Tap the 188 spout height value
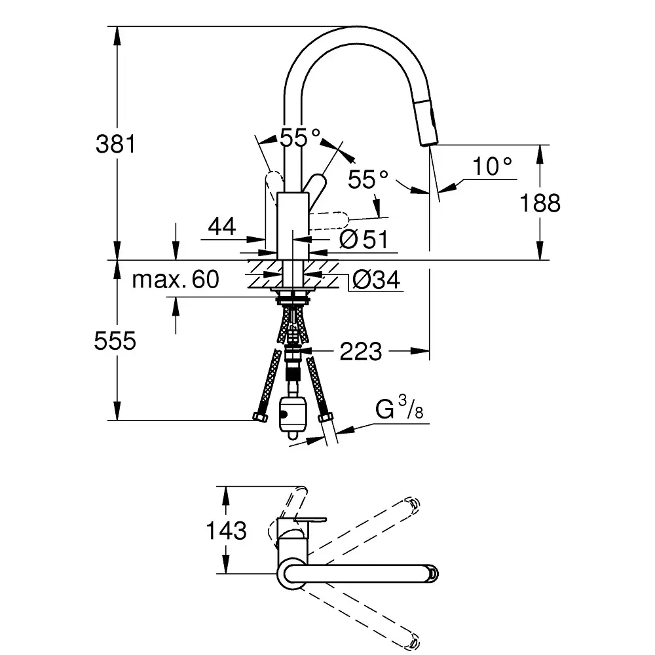540,203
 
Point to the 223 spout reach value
360,352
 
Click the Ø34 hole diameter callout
376,280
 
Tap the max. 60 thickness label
175,280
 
